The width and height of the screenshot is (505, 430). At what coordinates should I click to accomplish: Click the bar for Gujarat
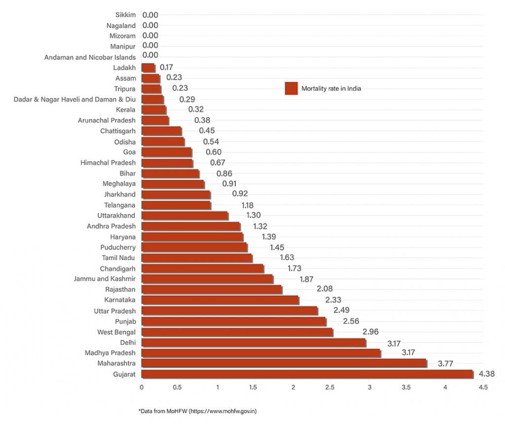point(307,374)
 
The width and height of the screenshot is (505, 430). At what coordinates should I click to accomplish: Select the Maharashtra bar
point(284,363)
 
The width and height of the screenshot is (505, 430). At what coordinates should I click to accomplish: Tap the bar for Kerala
point(153,110)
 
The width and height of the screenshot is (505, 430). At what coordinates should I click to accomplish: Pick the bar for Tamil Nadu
point(196,258)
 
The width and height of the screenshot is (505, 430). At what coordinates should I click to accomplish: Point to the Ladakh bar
point(148,68)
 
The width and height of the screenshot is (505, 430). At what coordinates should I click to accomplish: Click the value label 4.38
point(486,374)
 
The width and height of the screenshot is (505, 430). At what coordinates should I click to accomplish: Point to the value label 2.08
point(297,289)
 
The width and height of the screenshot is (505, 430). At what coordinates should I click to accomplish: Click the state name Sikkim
point(125,15)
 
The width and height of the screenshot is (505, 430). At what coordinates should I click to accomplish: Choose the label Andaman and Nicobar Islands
point(90,57)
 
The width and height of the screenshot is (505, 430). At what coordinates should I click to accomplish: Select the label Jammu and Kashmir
point(105,279)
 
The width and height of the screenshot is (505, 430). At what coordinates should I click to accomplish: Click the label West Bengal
point(116,332)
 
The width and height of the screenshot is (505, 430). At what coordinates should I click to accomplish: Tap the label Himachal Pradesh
point(108,162)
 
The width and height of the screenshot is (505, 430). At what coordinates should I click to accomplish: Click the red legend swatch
point(291,89)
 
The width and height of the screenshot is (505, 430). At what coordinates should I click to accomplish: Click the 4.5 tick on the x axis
point(483,388)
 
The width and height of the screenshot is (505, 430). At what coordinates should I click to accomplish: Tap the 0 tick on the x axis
point(142,388)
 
